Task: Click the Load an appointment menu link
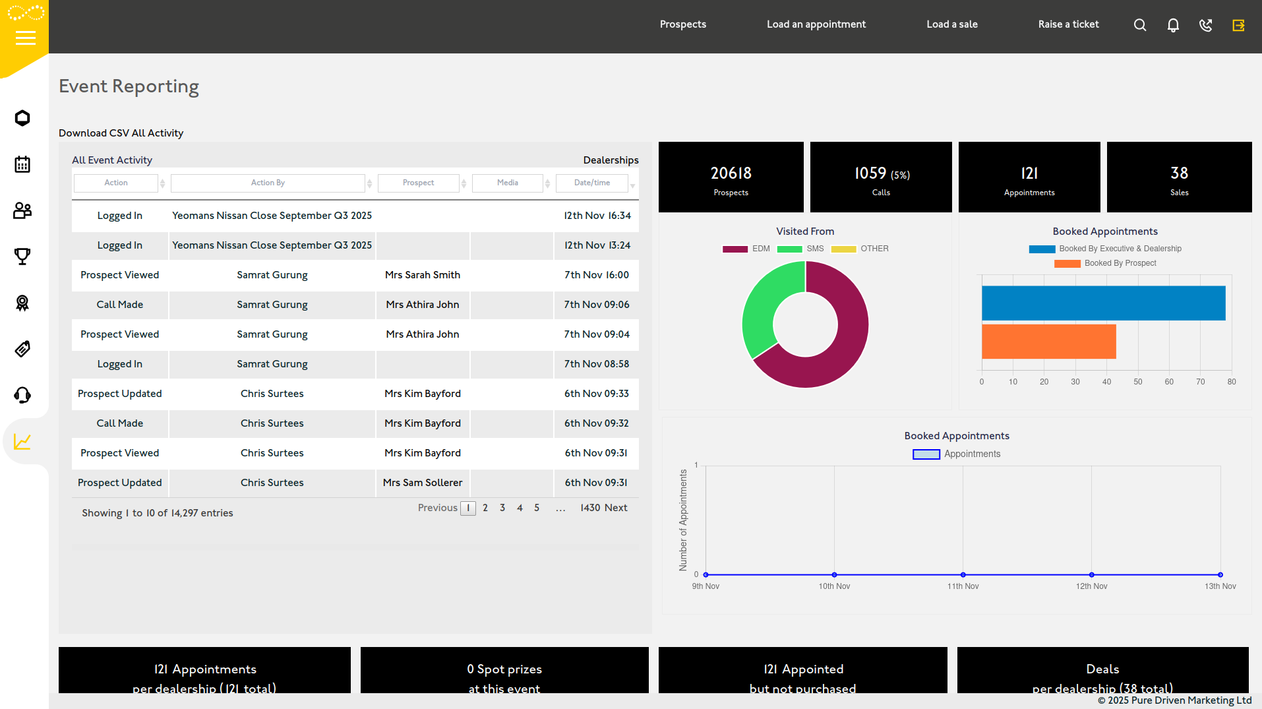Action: click(816, 24)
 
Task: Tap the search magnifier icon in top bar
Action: click(1139, 25)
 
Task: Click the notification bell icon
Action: click(1172, 25)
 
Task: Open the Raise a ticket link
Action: click(1068, 24)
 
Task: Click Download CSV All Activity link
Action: click(121, 133)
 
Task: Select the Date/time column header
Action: click(591, 183)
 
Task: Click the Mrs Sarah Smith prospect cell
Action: click(422, 275)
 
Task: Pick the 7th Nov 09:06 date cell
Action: click(596, 305)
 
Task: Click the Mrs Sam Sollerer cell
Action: click(422, 483)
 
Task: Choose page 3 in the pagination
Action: click(502, 508)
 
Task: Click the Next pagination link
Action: click(615, 508)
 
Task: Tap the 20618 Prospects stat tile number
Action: click(731, 173)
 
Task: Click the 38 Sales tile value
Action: click(1179, 173)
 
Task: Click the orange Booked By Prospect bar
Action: click(1048, 342)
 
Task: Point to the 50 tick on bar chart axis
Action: click(1137, 382)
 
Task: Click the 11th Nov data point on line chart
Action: click(963, 574)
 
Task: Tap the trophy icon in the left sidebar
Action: click(22, 257)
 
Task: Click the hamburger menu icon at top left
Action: click(25, 38)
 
